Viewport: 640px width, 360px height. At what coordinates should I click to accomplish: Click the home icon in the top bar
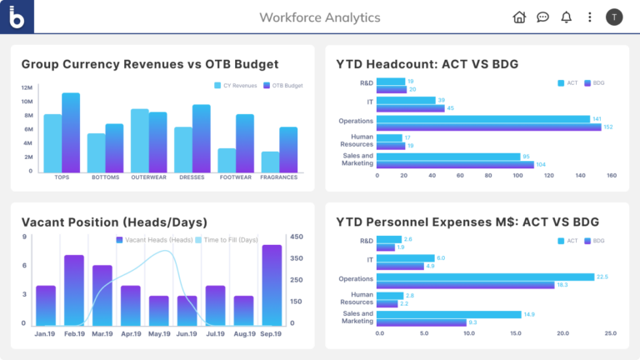pos(519,17)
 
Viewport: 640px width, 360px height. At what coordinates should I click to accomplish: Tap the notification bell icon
pos(567,17)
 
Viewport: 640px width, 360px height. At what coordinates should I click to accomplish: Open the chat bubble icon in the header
pos(542,17)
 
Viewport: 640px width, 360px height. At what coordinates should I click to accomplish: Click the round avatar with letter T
pos(614,17)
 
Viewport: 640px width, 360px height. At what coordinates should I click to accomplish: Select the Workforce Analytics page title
pos(319,17)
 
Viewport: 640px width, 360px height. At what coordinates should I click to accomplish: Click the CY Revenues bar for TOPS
pos(52,142)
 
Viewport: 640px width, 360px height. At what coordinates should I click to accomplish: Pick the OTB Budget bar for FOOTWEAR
pos(245,142)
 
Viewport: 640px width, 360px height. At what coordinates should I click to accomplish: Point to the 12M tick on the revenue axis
pos(27,87)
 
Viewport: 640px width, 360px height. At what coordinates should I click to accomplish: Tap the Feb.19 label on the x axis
pos(74,333)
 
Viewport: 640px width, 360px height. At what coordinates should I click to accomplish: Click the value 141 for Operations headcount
pos(596,119)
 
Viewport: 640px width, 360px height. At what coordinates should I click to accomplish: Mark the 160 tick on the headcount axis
pos(611,176)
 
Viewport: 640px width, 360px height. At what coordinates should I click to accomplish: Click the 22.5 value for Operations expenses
pos(602,277)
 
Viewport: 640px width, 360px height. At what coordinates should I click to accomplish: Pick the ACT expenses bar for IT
pos(405,258)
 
